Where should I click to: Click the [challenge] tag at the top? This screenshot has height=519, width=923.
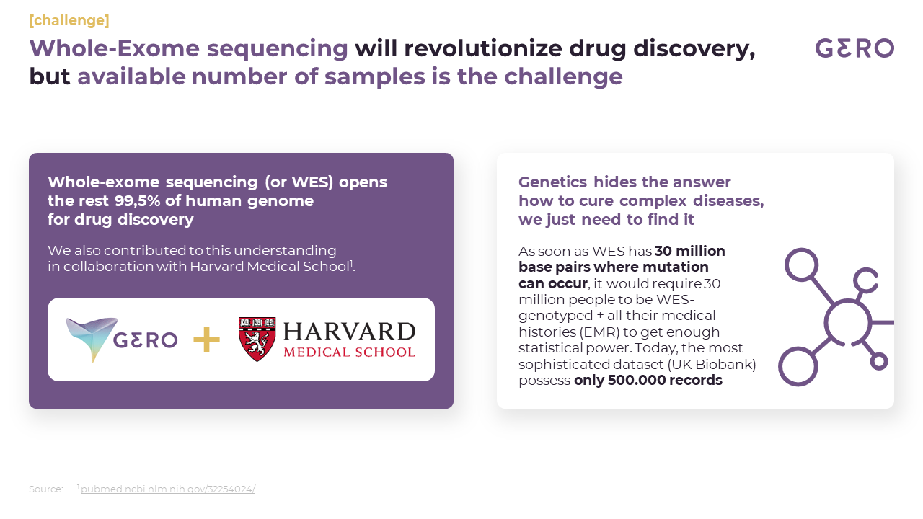click(x=69, y=20)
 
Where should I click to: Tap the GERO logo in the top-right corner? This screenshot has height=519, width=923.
click(x=854, y=48)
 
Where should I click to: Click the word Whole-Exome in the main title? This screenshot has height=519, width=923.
click(x=115, y=48)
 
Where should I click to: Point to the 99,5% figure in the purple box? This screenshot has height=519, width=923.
click(x=137, y=200)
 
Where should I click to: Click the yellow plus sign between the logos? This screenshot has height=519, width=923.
click(x=206, y=340)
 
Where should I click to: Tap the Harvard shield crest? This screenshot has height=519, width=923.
click(x=257, y=339)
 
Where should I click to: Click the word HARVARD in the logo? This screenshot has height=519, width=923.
click(x=350, y=332)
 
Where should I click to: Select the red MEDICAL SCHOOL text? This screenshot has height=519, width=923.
click(x=349, y=352)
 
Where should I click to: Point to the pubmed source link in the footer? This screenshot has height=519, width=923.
click(x=168, y=489)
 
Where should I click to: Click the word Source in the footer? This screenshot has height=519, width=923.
click(x=45, y=489)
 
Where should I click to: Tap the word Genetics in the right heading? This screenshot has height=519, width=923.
click(x=552, y=182)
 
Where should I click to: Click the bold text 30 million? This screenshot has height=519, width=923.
click(x=690, y=251)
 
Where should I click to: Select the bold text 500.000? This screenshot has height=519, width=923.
click(x=635, y=380)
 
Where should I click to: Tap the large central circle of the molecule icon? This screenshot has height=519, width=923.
click(x=847, y=323)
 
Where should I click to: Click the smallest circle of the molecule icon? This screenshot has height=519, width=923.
click(x=879, y=362)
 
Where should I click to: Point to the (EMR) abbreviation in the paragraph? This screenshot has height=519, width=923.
click(x=599, y=332)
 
